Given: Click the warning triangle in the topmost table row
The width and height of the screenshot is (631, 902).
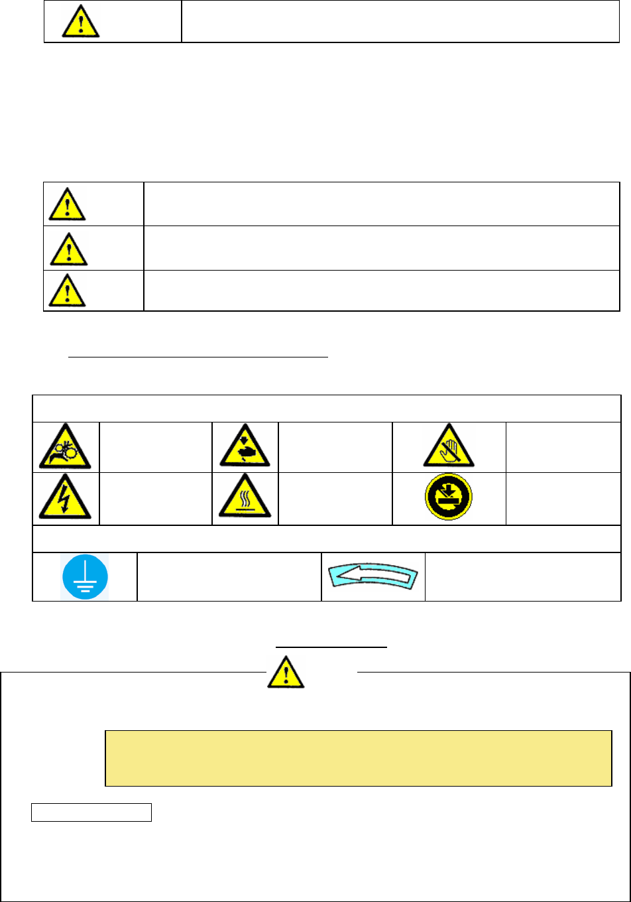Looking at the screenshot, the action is [81, 21].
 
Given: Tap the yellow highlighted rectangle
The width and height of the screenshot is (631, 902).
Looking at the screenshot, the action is [358, 759].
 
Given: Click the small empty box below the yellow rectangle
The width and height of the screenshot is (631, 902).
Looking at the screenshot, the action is [91, 812].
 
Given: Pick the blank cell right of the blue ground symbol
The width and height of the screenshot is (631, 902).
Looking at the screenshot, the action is [229, 576].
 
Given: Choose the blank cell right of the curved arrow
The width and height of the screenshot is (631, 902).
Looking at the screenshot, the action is [522, 576].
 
